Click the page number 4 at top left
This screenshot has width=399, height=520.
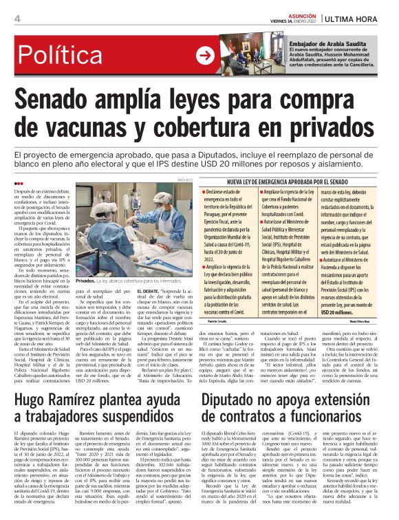16,19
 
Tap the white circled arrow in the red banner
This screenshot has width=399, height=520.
204,55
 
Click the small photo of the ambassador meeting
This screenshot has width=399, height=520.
241,56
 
